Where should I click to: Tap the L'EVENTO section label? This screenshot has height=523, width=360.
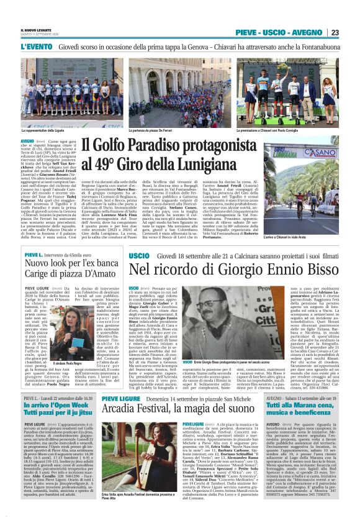tap(34, 46)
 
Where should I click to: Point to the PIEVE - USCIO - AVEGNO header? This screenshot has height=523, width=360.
tap(281, 32)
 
